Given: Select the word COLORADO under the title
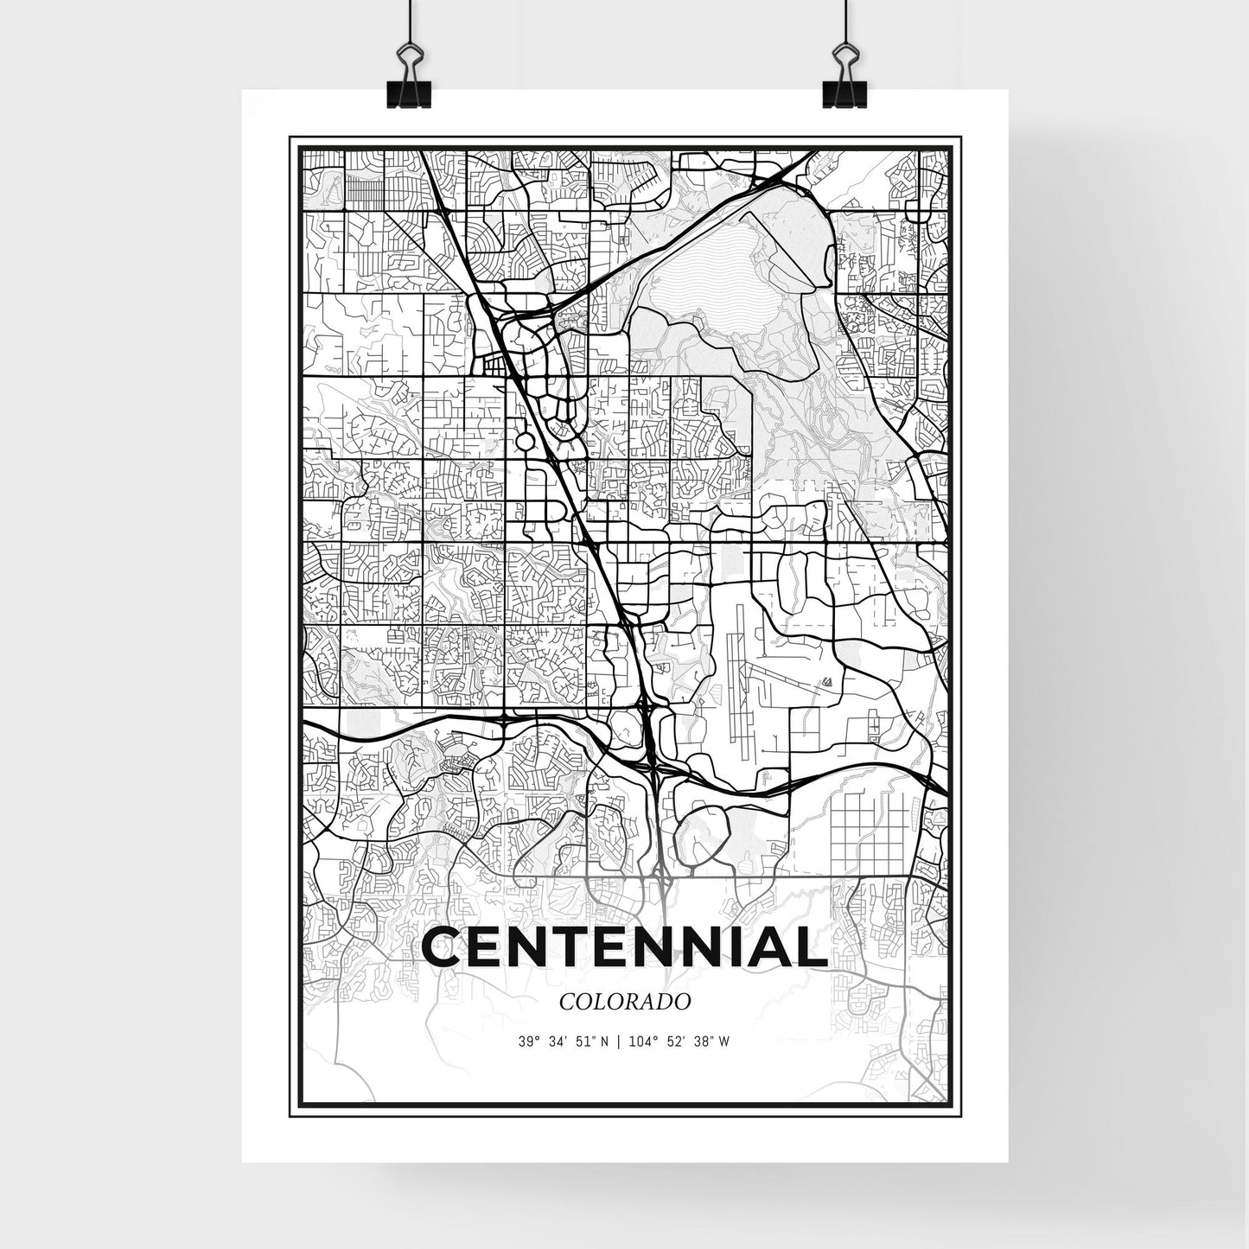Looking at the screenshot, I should (624, 1003).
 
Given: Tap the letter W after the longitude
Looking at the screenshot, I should (724, 1042).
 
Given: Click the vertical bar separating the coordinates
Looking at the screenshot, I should (618, 1042).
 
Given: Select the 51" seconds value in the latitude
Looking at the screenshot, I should (585, 1042).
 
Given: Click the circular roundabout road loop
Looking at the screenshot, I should (524, 443).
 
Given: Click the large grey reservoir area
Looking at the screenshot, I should (735, 259).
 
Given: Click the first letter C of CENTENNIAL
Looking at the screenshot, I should (443, 948).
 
